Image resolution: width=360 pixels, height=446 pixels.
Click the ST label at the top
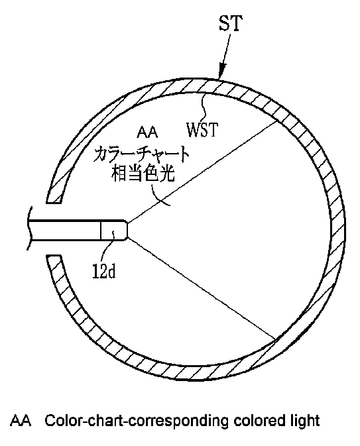point(231,23)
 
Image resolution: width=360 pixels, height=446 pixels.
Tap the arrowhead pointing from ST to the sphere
point(222,70)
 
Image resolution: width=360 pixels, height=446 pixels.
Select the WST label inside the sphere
point(202,130)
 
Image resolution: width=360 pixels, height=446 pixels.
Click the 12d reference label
point(104,270)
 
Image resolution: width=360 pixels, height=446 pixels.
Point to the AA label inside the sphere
point(147,133)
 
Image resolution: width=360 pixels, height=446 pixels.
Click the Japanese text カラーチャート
point(141,154)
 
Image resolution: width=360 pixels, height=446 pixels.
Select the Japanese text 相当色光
point(143,173)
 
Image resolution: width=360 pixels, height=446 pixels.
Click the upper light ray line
point(202,172)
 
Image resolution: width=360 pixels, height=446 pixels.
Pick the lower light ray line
point(202,289)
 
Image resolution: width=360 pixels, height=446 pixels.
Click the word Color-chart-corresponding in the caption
point(137,421)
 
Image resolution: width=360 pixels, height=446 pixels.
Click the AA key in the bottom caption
point(21,421)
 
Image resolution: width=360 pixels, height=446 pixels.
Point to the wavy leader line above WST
point(203,107)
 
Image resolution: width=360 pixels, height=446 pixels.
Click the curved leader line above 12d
point(109,247)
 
